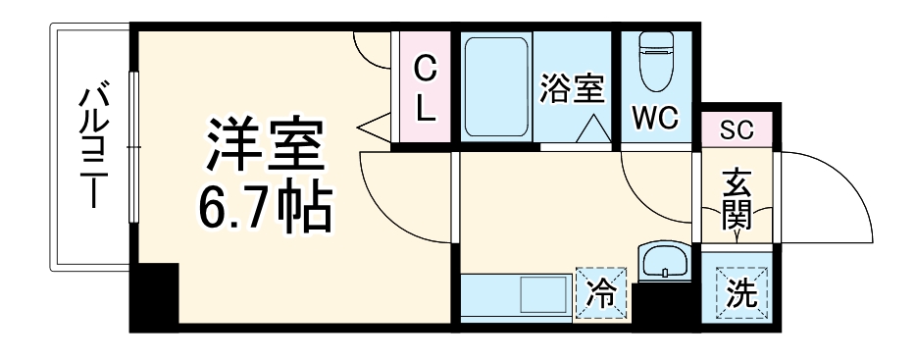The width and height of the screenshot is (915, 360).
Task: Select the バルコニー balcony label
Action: pyautogui.click(x=94, y=148)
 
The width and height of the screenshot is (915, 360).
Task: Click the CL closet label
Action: pyautogui.click(x=424, y=89)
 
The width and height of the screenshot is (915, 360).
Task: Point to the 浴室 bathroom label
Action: pyautogui.click(x=571, y=89)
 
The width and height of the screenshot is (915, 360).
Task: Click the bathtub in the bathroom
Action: pyautogui.click(x=497, y=88)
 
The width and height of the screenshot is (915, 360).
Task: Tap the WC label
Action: pyautogui.click(x=654, y=119)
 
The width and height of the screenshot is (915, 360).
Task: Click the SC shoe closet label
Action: pyautogui.click(x=737, y=129)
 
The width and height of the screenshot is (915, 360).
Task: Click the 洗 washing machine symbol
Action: pyautogui.click(x=740, y=292)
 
